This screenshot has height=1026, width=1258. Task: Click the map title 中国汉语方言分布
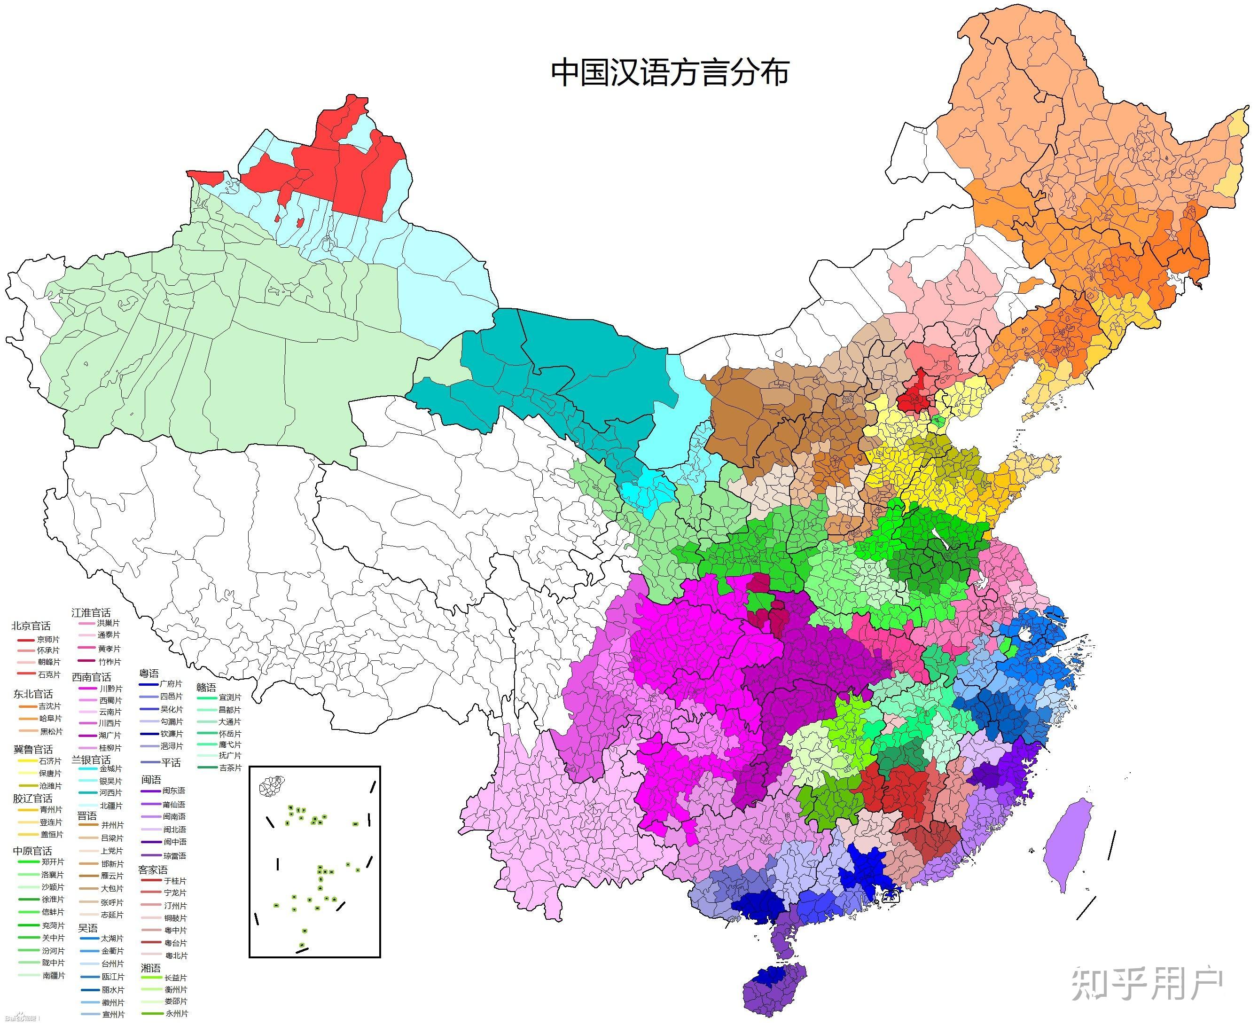pyautogui.click(x=670, y=73)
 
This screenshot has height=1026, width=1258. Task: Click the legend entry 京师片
pyautogui.click(x=48, y=640)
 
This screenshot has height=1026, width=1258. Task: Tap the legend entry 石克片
pyautogui.click(x=48, y=674)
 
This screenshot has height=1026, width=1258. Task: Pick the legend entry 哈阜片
pyautogui.click(x=50, y=719)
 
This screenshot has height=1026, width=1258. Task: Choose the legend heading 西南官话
pyautogui.click(x=91, y=677)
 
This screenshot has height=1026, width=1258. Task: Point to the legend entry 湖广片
pyautogui.click(x=109, y=735)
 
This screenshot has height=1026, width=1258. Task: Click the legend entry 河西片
pyautogui.click(x=110, y=792)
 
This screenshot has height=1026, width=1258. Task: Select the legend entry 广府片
pyautogui.click(x=172, y=684)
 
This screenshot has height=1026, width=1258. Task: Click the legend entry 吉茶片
pyautogui.click(x=229, y=768)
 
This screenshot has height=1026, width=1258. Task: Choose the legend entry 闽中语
pyautogui.click(x=174, y=842)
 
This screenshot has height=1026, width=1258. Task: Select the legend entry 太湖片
pyautogui.click(x=112, y=938)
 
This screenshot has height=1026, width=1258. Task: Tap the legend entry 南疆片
pyautogui.click(x=53, y=976)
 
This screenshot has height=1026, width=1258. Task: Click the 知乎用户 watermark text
pyautogui.click(x=1146, y=985)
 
